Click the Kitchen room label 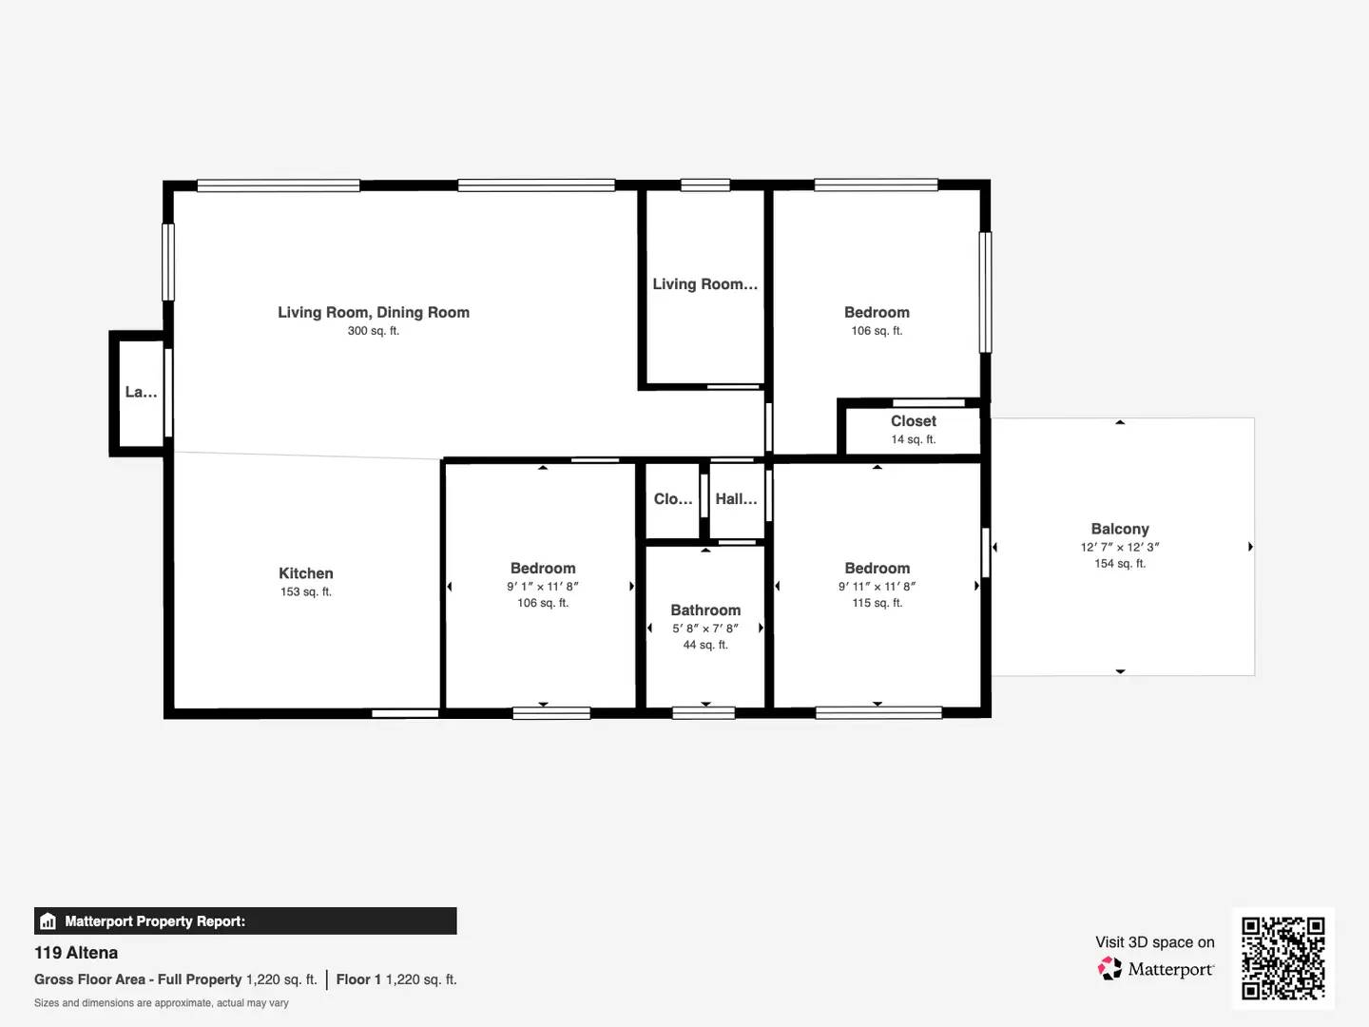[x=305, y=573]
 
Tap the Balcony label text [x=1120, y=529]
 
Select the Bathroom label [x=705, y=610]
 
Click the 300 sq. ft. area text [x=373, y=331]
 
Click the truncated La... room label [x=141, y=392]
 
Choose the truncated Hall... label [x=736, y=499]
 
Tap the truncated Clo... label [x=673, y=499]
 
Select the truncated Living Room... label [x=704, y=284]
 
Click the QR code [x=1282, y=958]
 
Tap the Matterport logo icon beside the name [x=1109, y=969]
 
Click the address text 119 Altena [x=76, y=953]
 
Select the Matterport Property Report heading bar [x=245, y=920]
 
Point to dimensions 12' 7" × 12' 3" [x=1120, y=547]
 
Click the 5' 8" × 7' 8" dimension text [x=705, y=628]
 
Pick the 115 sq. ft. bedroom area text [x=877, y=603]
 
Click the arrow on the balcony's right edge [x=1250, y=547]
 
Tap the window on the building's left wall [x=168, y=262]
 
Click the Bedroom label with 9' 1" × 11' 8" [x=543, y=569]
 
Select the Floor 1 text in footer [x=358, y=979]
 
